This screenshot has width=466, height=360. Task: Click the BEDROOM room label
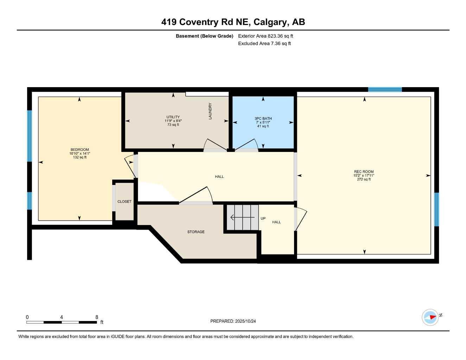click(x=79, y=149)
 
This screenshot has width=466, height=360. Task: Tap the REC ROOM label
click(x=364, y=172)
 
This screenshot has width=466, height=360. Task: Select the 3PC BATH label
click(x=263, y=118)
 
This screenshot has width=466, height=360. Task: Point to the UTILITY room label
click(x=173, y=117)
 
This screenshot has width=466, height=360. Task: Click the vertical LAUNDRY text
click(x=210, y=111)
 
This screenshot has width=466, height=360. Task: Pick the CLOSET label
click(x=125, y=201)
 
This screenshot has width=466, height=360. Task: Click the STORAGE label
click(x=196, y=232)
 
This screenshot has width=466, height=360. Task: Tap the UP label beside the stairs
click(x=263, y=218)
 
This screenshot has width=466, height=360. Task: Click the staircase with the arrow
click(x=243, y=218)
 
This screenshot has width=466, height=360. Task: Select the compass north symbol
click(x=430, y=317)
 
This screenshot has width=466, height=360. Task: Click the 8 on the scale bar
click(x=97, y=317)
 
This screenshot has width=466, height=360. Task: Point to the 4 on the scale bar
click(x=62, y=317)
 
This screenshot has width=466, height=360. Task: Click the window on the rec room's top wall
click(x=385, y=89)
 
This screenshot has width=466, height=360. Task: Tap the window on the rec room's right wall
click(x=436, y=209)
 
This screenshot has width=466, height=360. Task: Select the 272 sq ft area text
click(x=364, y=179)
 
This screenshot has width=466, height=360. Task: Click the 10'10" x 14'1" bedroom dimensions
click(x=79, y=153)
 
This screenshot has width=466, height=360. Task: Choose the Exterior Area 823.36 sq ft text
click(x=266, y=36)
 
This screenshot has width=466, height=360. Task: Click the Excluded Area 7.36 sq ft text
click(x=264, y=44)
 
